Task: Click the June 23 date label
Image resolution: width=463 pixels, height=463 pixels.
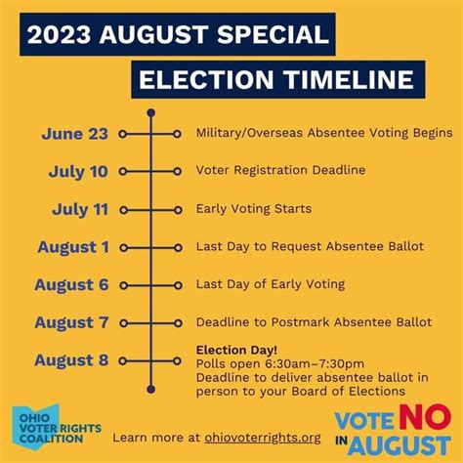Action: (x=75, y=134)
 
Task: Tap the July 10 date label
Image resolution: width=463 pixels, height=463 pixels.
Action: (x=79, y=172)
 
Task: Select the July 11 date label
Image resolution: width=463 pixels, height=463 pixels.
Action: (x=79, y=209)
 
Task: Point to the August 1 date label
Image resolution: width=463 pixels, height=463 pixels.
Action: (x=73, y=247)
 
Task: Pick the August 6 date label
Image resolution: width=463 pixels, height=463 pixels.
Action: (x=71, y=285)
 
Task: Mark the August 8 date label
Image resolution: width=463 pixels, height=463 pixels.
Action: (x=71, y=360)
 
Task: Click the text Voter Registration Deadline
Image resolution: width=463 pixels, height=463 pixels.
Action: (x=280, y=171)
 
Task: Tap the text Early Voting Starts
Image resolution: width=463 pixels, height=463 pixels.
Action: (x=254, y=209)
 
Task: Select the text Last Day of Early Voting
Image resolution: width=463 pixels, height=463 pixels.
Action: (x=271, y=284)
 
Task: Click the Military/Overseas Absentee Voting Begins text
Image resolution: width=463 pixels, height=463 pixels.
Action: (x=323, y=133)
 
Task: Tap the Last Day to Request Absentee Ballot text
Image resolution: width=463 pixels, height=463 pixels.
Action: (x=310, y=246)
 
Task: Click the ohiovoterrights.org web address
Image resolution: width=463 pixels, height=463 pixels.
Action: (x=258, y=438)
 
